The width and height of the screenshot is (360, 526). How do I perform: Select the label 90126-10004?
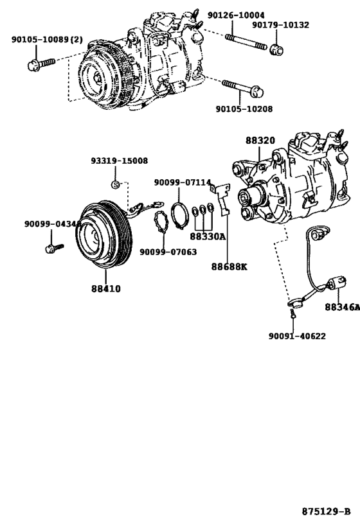coord(236,14)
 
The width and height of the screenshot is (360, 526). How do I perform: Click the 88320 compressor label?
coord(259,140)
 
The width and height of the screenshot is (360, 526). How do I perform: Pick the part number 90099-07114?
coord(183,183)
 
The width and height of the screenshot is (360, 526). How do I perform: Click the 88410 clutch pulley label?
coord(105,289)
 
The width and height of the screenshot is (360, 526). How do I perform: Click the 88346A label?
coord(341,308)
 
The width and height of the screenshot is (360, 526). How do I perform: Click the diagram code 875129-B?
coord(326,512)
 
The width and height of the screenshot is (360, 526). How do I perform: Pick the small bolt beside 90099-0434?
coord(51,247)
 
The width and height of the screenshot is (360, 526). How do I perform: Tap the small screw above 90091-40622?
coord(291,313)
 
